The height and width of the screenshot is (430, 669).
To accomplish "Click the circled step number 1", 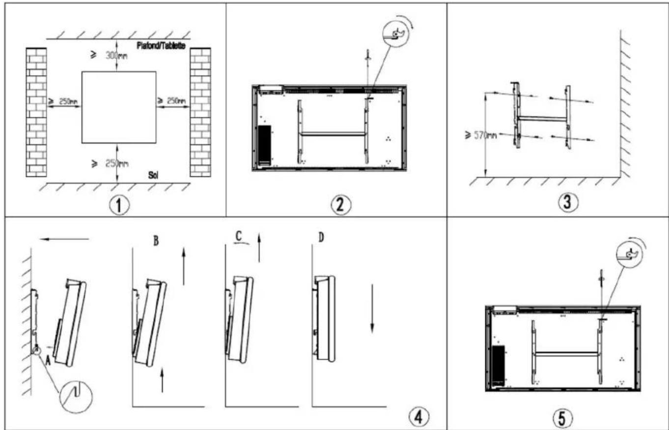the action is (119, 205).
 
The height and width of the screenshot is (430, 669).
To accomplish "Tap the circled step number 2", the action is (341, 205).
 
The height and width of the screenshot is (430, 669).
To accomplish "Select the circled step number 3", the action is (568, 202).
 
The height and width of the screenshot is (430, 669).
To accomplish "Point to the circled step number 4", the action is (419, 417).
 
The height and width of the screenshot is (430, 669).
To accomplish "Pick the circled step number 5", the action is (563, 418).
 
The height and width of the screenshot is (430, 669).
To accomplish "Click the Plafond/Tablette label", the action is (161, 46).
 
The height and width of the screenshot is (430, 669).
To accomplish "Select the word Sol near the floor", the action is (153, 175).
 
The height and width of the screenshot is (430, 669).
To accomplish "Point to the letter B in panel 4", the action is (156, 241).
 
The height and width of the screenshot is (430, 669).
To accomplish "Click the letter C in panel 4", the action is (238, 236).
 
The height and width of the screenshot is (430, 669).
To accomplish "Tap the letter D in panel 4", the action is (321, 238).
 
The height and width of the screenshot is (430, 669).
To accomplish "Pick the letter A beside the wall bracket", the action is (48, 361).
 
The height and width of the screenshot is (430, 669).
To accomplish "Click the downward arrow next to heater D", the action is (372, 309).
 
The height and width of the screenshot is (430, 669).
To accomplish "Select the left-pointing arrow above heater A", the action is (64, 239).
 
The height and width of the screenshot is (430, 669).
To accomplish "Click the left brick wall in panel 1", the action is (36, 112).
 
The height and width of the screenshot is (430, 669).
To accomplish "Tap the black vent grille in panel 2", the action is (265, 145).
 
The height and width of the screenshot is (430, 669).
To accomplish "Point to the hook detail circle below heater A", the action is (76, 397).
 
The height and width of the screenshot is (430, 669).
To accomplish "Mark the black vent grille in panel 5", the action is (499, 365).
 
